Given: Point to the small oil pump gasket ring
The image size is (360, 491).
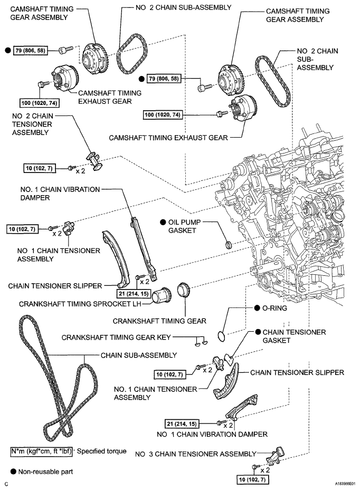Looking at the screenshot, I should pos(228,244).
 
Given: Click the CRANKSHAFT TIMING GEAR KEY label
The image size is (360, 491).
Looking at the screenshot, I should pos(117,336).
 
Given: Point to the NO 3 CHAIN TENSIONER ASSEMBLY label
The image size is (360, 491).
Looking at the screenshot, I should pos(195,453).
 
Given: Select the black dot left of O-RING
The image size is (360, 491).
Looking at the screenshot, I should pos(256,308).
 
